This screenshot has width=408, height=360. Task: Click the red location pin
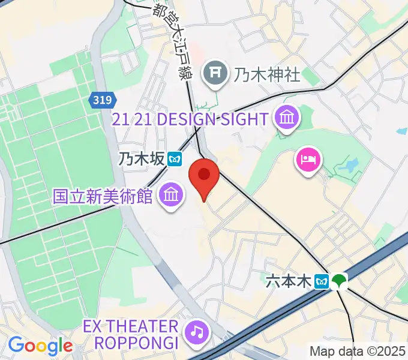click(203, 176)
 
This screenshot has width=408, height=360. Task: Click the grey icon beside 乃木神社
click(214, 74)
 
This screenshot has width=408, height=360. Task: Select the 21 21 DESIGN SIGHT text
click(189, 119)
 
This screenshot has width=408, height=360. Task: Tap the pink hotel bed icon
click(308, 160)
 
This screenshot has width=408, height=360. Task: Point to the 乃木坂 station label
click(140, 159)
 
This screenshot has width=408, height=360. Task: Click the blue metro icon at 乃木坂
click(175, 159)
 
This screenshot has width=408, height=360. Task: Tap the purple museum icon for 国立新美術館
click(171, 194)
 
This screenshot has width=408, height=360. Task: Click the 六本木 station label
click(289, 281)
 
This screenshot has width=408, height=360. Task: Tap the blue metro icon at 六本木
click(322, 281)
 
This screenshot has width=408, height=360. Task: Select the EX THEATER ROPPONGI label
click(131, 335)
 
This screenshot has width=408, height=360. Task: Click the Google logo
click(40, 346)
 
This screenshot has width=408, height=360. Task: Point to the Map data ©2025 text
click(358, 352)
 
